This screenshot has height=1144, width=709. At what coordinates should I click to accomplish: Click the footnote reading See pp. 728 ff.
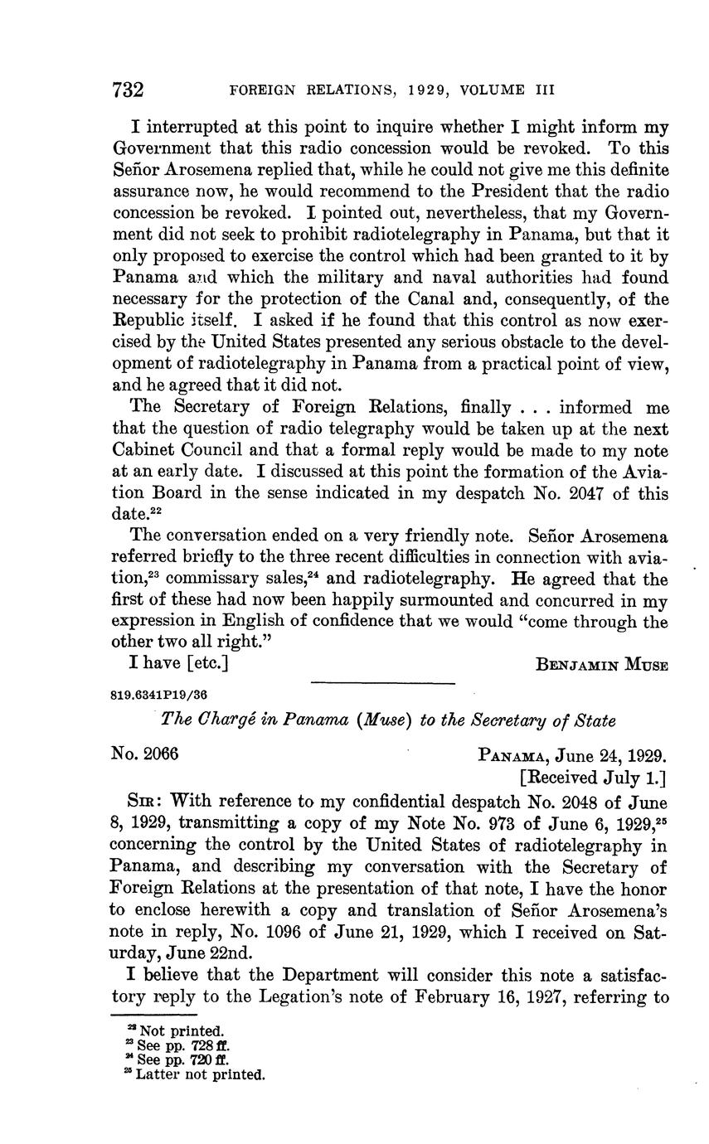coord(177,1045)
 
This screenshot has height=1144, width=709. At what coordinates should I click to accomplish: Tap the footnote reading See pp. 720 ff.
coord(177,1059)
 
